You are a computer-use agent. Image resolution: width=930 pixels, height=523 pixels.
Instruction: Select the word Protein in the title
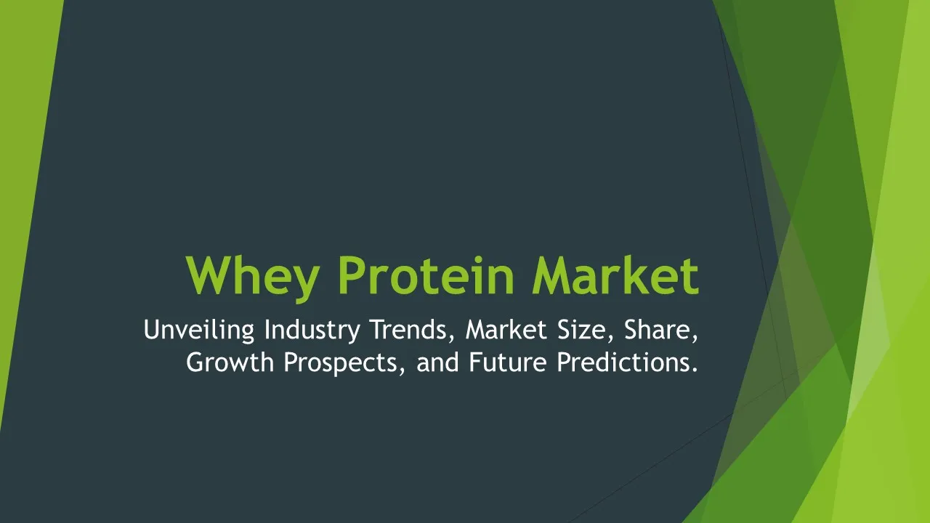pyautogui.click(x=426, y=275)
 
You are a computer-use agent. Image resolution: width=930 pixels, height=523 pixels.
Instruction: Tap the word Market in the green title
pyautogui.click(x=615, y=275)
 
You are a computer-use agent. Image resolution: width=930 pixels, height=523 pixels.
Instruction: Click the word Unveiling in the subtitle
pyautogui.click(x=199, y=330)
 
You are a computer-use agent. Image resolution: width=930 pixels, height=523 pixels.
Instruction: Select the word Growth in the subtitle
pyautogui.click(x=230, y=362)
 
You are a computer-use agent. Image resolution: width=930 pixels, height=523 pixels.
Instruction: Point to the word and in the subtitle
pyautogui.click(x=437, y=362)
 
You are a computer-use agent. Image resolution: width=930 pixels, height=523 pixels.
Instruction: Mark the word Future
pyautogui.click(x=508, y=362)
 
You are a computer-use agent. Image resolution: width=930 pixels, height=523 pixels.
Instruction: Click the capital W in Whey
pyautogui.click(x=208, y=275)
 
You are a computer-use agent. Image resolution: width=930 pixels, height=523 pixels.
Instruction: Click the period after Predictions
pyautogui.click(x=695, y=370)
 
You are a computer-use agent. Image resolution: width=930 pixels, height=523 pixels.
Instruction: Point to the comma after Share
pyautogui.click(x=695, y=339)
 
